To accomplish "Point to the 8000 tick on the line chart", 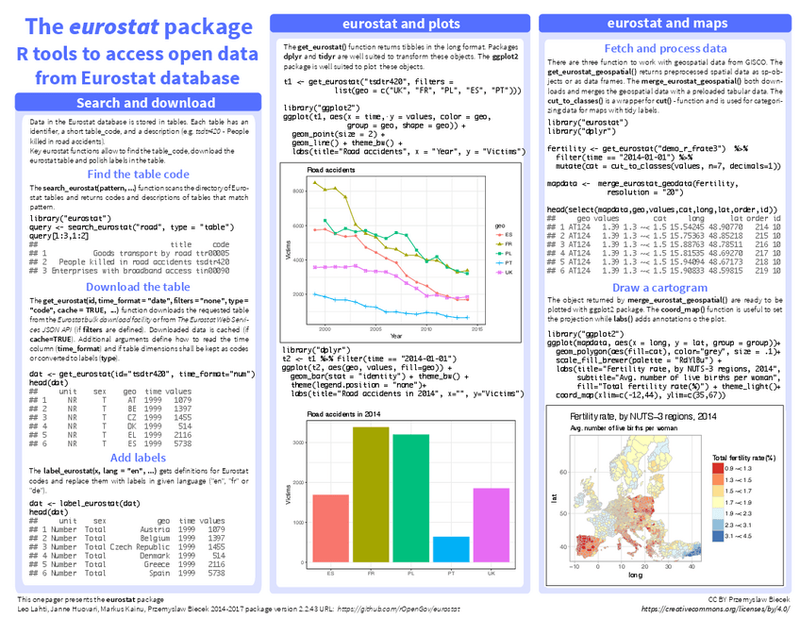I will tap(298, 192).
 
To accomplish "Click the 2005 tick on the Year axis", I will tap(375, 329).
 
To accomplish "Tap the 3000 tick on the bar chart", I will tap(299, 442).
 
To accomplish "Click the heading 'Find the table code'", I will tap(138, 174).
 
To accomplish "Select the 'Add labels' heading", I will tap(138, 458).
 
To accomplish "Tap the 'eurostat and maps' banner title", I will tap(666, 23).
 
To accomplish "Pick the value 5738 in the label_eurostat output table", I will tap(216, 573).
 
